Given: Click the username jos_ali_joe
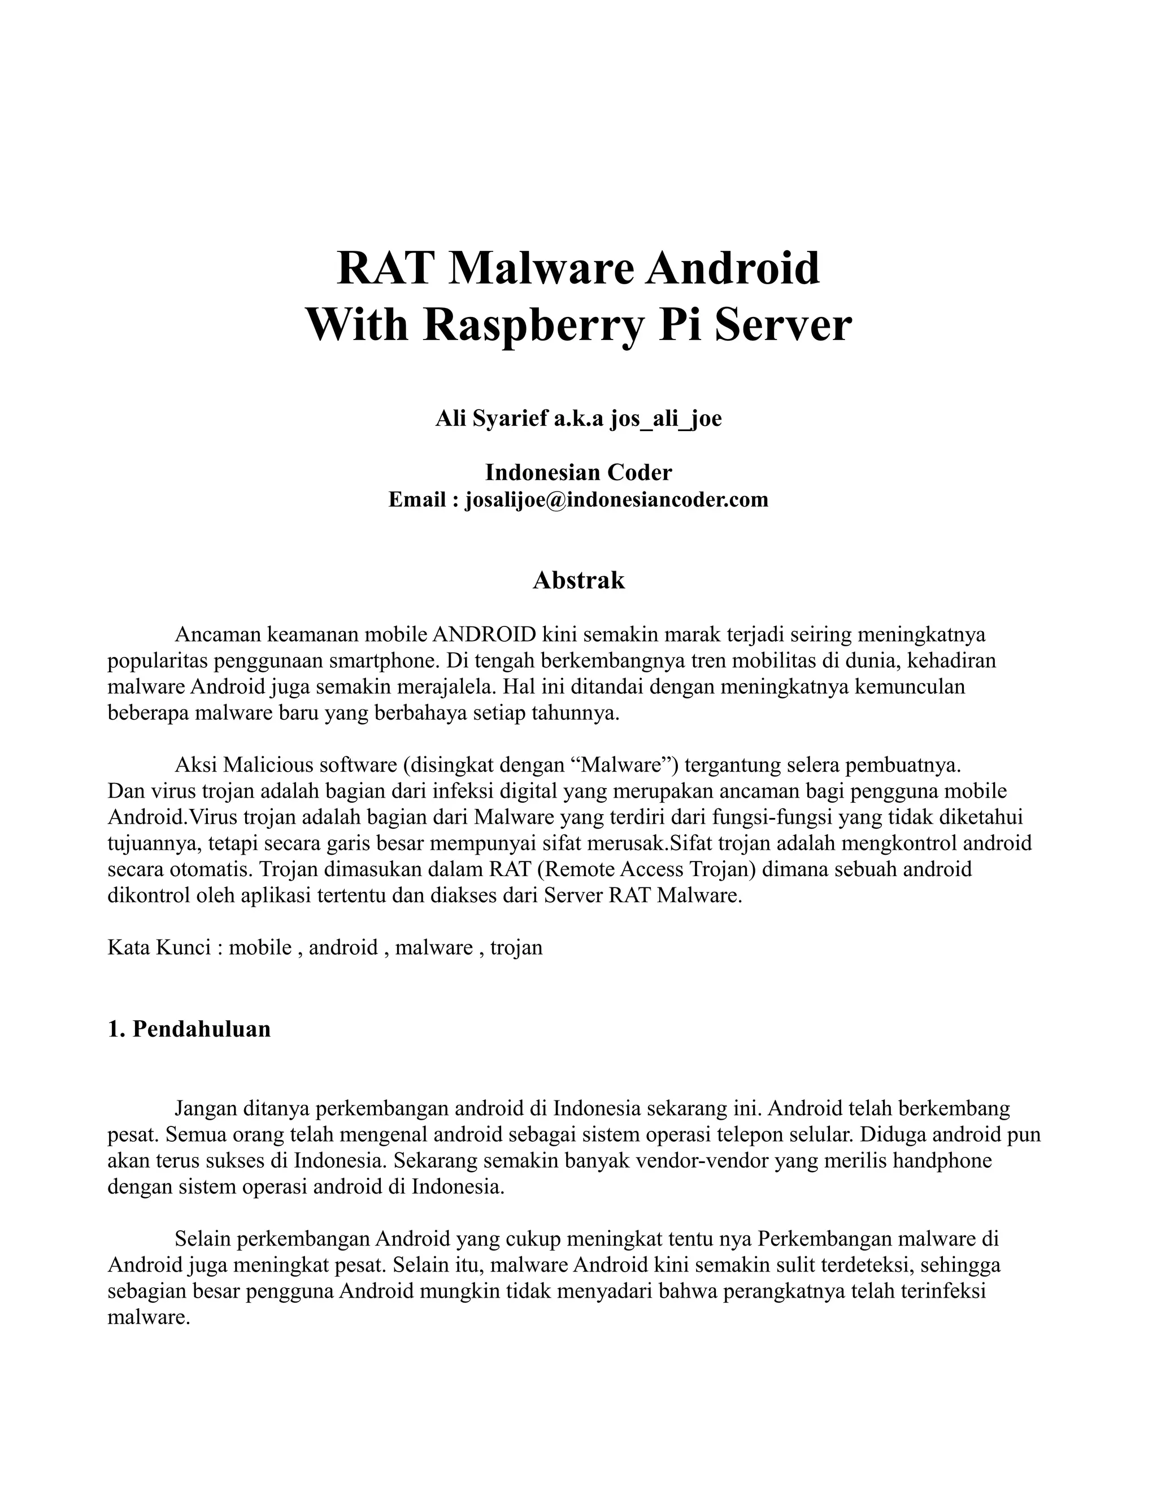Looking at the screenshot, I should coord(666,418).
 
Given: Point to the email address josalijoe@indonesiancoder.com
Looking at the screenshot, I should coord(616,500).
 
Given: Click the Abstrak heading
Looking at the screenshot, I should coord(578,581).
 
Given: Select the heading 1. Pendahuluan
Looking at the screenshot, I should coord(189,1029).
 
